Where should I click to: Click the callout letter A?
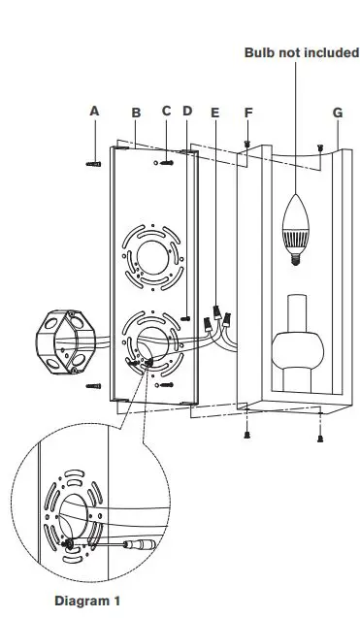tap(94, 112)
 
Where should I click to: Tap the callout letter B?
tap(136, 113)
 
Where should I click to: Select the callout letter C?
tap(166, 112)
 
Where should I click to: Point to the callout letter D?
tap(186, 112)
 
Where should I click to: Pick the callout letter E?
tap(214, 113)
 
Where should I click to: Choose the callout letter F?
tap(248, 113)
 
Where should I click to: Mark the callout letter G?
tap(337, 113)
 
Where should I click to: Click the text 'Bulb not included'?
tap(302, 52)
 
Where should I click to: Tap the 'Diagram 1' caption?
tap(87, 602)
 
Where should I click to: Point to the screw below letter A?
tap(94, 164)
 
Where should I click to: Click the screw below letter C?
tap(167, 163)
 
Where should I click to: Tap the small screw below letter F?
tap(248, 143)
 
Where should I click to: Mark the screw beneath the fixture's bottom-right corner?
tap(320, 437)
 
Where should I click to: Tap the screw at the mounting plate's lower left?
tap(94, 386)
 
